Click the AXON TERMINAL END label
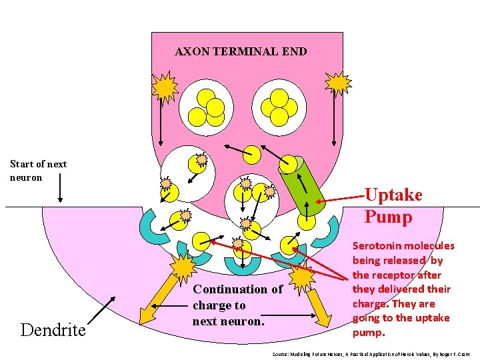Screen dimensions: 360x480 coord(241,51)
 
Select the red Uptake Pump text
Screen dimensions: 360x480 coord(393,206)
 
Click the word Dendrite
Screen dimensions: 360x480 coord(53,329)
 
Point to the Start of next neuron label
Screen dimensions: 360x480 coord(38,171)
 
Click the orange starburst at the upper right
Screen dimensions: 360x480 coord(339,83)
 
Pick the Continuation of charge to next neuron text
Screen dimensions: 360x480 coord(237,305)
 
